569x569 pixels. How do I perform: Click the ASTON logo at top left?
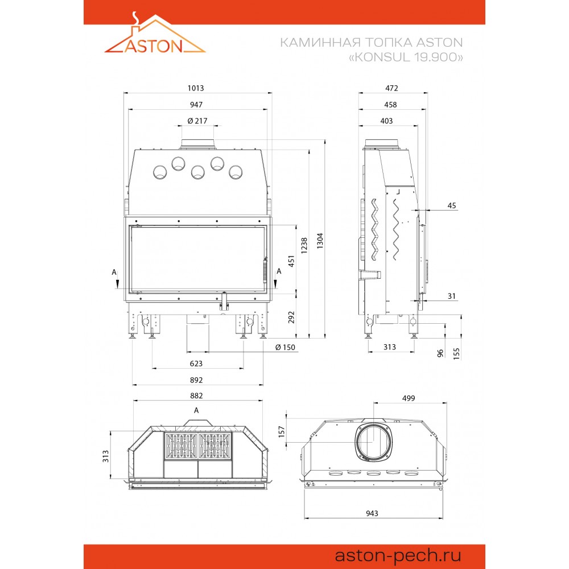[x=155, y=33]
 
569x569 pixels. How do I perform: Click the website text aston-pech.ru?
[x=398, y=555]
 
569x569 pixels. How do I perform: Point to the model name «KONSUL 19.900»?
[x=406, y=57]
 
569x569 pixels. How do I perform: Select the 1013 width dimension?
[x=196, y=88]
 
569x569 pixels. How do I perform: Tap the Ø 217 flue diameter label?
[x=197, y=121]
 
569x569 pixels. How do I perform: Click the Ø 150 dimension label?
[x=285, y=347]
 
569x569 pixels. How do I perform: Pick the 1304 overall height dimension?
[x=320, y=241]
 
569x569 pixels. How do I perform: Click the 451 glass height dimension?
[x=291, y=261]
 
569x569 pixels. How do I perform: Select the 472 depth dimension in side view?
[x=391, y=88]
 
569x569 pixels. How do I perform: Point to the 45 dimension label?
[x=451, y=206]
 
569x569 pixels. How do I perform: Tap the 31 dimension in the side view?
[x=451, y=296]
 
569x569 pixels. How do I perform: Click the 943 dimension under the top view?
[x=372, y=513]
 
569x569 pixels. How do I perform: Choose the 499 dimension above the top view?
[x=408, y=398]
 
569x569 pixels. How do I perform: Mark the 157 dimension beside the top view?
[x=282, y=431]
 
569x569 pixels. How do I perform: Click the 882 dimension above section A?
[x=196, y=395]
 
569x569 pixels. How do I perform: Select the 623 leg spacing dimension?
[x=196, y=364]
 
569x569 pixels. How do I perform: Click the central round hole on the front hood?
[x=198, y=172]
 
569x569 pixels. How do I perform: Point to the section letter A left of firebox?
[x=114, y=272]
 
